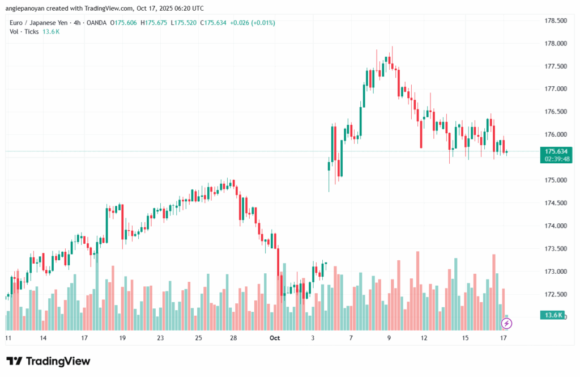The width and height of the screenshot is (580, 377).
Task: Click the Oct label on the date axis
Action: pyautogui.click(x=275, y=338)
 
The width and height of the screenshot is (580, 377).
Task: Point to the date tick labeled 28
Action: pyautogui.click(x=233, y=338)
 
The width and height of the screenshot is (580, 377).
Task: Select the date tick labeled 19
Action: pyautogui.click(x=123, y=338)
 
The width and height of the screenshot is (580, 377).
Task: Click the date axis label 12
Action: pyautogui.click(x=424, y=338)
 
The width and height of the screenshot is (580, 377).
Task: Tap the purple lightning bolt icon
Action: pyautogui.click(x=507, y=323)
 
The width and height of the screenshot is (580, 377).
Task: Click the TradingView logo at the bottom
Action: pyautogui.click(x=49, y=361)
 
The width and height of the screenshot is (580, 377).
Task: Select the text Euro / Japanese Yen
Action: pyautogui.click(x=37, y=23)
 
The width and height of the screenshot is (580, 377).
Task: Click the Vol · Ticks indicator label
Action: pyautogui.click(x=24, y=32)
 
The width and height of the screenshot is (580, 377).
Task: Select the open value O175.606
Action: pyautogui.click(x=125, y=23)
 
